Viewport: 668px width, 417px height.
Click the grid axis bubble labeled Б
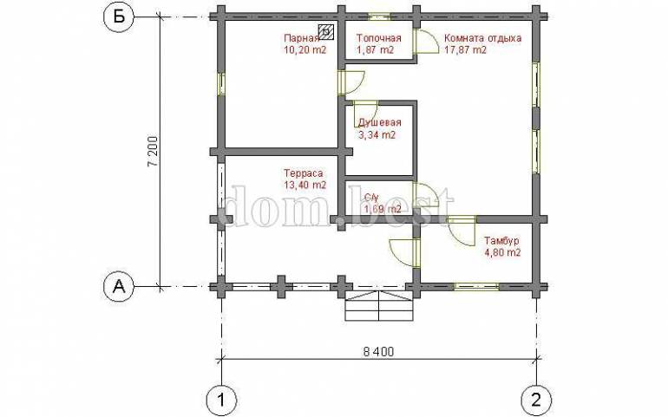[x=120, y=17]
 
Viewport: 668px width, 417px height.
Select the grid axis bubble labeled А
[x=120, y=287]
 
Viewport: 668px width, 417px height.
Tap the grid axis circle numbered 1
[x=221, y=400]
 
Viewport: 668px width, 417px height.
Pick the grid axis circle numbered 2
[x=536, y=400]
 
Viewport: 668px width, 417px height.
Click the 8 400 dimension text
[x=379, y=352]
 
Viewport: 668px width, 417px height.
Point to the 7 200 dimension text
[x=154, y=152]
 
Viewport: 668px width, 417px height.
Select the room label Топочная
[x=379, y=38]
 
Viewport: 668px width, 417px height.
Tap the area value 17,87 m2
[x=465, y=49]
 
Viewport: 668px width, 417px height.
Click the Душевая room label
[x=380, y=123]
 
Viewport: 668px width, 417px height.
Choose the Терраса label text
[x=304, y=173]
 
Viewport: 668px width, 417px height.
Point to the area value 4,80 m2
[x=502, y=252]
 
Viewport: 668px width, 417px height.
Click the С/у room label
[x=371, y=197]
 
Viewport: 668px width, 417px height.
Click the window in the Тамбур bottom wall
[x=476, y=286]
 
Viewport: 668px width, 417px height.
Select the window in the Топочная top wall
[x=379, y=17]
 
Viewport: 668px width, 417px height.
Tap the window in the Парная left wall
[x=221, y=83]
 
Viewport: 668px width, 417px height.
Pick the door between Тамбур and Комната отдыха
[x=462, y=231]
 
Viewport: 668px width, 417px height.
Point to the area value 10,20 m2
[x=305, y=49]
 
